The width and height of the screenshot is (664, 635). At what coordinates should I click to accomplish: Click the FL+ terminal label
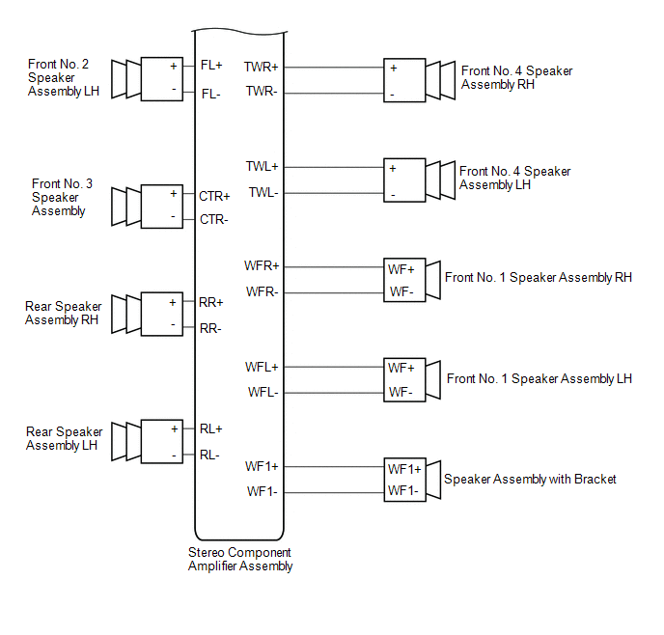[211, 67]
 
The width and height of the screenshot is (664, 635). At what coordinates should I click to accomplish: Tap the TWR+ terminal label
[262, 68]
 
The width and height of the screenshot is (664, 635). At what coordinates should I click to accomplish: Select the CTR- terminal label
[213, 219]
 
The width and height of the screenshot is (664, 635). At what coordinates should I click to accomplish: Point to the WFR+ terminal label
[262, 265]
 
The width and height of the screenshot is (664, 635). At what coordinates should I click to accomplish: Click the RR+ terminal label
[211, 302]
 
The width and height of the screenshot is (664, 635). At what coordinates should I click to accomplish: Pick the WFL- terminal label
[263, 393]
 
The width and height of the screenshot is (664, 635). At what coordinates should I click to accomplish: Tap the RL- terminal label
[210, 455]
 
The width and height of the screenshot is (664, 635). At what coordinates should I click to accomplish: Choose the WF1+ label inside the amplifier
[262, 467]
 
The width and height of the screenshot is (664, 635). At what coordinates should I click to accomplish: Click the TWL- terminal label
[263, 193]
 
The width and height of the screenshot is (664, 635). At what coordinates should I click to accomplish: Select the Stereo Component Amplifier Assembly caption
[239, 560]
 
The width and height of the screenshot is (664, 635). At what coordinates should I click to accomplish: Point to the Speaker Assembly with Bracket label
[530, 479]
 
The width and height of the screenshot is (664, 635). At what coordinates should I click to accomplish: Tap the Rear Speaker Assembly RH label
[64, 314]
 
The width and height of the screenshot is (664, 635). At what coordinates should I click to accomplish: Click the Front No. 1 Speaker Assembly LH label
[539, 379]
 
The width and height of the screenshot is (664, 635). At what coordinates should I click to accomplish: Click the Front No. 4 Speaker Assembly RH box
[404, 81]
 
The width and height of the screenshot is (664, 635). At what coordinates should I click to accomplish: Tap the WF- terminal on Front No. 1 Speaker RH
[401, 292]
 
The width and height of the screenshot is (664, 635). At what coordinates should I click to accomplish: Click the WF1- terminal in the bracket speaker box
[403, 491]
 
